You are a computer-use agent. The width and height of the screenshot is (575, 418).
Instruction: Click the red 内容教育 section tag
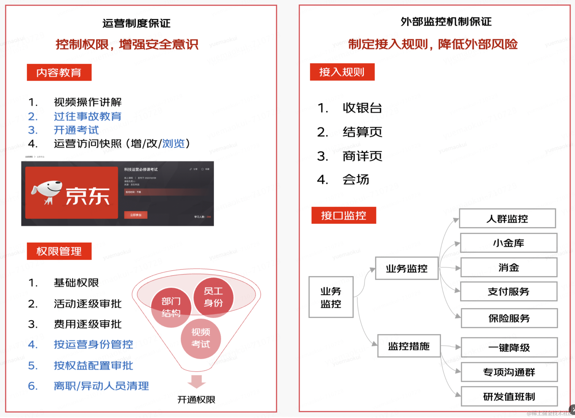59,72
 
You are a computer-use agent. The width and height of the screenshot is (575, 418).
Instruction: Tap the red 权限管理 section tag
59,251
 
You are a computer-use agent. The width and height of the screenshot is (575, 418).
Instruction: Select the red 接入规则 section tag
342,72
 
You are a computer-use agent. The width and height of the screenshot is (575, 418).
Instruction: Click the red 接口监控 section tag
344,215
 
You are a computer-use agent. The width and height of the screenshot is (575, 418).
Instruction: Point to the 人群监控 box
507,219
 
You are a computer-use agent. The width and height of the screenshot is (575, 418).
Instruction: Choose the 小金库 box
508,243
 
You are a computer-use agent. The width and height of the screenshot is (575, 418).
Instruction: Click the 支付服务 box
508,292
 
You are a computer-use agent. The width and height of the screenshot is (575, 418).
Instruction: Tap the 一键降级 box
509,347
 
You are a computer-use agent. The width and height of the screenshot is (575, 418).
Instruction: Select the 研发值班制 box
509,397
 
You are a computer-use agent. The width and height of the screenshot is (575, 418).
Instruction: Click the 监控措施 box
409,346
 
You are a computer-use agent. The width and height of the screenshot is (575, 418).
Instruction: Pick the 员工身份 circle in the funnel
213,297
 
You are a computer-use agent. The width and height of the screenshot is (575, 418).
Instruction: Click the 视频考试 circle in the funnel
201,338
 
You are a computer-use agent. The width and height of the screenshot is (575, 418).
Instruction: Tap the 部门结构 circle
171,307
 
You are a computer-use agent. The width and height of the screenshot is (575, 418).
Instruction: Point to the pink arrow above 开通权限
197,381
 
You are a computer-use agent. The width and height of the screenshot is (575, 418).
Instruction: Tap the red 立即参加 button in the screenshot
135,215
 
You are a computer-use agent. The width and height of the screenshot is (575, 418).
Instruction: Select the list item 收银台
362,108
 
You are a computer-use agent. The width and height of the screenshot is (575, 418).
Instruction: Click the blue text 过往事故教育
87,116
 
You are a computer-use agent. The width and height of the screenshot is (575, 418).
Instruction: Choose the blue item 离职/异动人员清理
101,386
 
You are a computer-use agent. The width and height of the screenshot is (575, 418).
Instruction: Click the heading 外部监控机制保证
446,22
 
